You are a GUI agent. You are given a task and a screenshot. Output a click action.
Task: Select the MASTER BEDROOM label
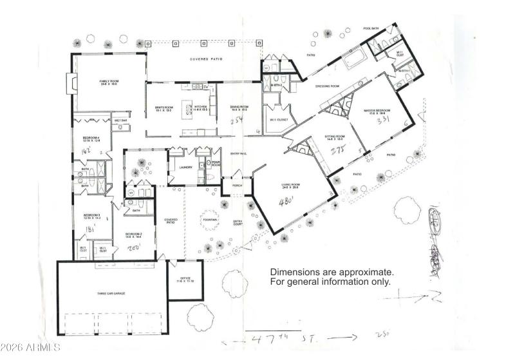click(378, 111)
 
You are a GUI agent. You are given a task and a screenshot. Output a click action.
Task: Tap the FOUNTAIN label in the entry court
click(210, 221)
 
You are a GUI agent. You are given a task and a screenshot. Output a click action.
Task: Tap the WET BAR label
click(120, 120)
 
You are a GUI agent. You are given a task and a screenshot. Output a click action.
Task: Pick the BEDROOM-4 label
click(91, 139)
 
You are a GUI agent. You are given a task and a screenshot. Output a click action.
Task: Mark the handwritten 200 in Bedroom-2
click(135, 245)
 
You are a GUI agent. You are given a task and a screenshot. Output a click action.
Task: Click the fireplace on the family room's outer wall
click(70, 83)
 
